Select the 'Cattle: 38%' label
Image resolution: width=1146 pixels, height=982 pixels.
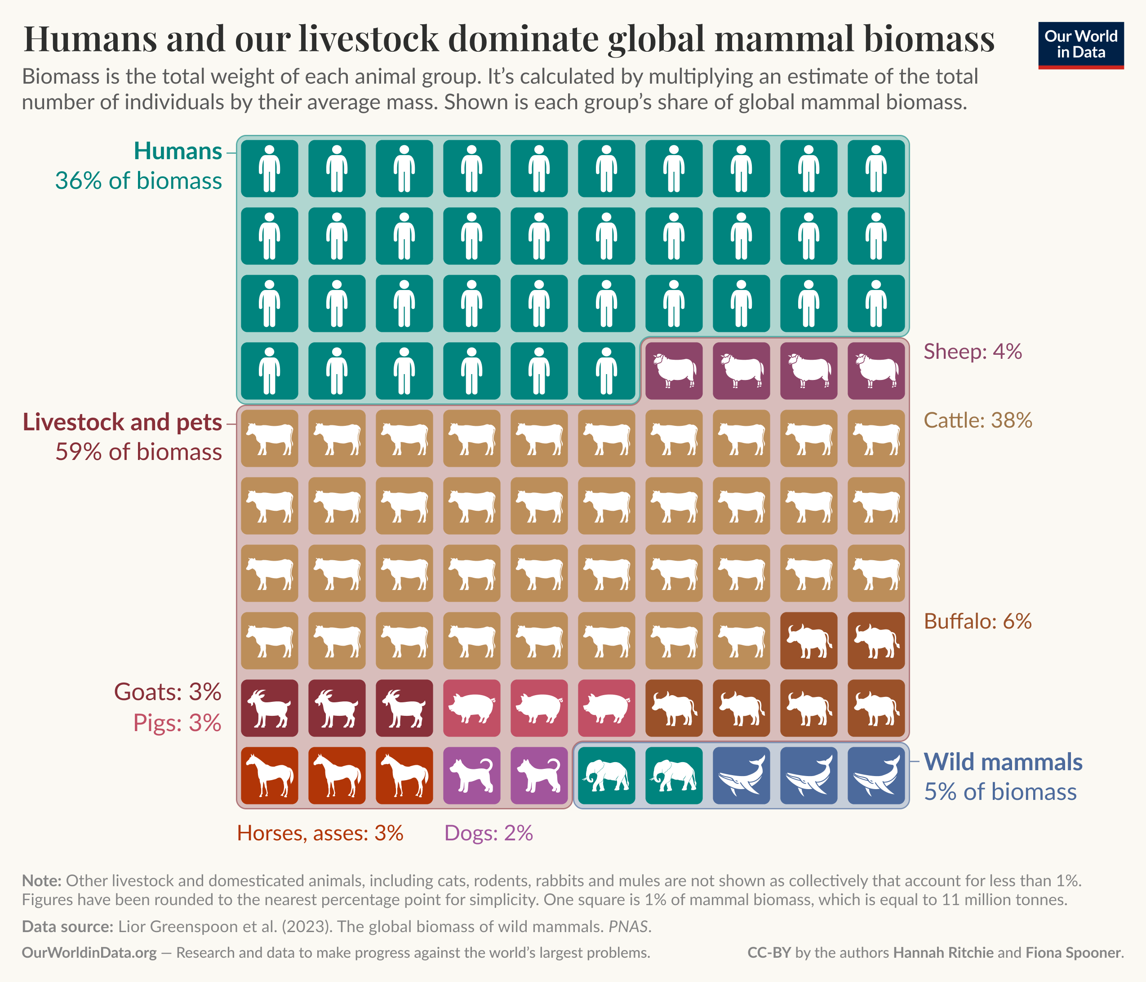977,420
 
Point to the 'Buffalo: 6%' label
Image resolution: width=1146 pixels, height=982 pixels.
977,621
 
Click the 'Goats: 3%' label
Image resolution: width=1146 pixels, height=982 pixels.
168,692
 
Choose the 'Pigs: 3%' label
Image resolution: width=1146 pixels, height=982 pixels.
177,723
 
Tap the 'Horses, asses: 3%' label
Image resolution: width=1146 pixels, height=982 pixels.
320,833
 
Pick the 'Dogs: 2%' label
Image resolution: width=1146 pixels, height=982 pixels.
489,833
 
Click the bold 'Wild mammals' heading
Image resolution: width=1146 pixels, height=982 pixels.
1003,762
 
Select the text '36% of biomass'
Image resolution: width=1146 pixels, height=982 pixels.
138,181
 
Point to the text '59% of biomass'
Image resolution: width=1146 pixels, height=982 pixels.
138,452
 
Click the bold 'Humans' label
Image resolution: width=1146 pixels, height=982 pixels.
178,151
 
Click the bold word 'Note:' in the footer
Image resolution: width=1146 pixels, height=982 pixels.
41,880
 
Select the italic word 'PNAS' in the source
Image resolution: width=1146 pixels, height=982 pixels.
628,926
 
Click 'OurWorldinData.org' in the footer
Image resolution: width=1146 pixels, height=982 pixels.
89,953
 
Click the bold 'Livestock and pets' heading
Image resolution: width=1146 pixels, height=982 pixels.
122,422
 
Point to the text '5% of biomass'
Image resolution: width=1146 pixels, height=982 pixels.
1000,792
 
